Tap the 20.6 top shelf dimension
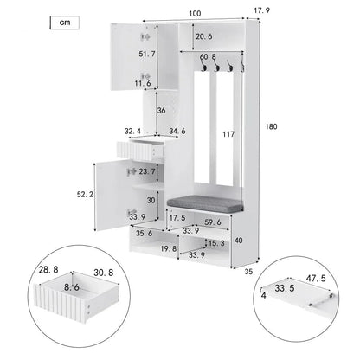[203, 36]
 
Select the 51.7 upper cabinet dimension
[148, 54]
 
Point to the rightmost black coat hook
[243, 66]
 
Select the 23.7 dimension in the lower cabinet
[148, 172]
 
